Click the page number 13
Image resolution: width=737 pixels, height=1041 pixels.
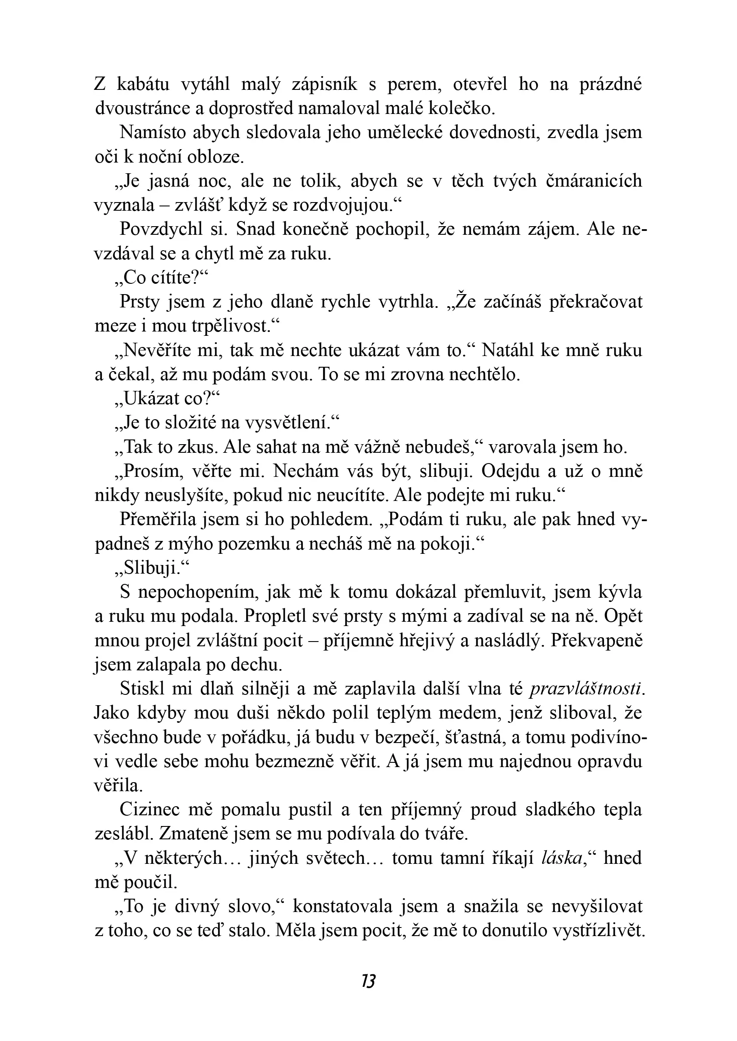[368, 982]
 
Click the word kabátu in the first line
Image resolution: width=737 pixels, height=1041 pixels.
[143, 84]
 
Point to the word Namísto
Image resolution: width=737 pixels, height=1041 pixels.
[152, 132]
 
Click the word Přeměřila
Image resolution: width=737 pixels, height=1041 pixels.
[158, 520]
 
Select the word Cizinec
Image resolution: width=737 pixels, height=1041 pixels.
[150, 810]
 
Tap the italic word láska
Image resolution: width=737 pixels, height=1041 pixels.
[562, 858]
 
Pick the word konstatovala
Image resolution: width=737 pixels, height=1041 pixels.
[342, 907]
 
